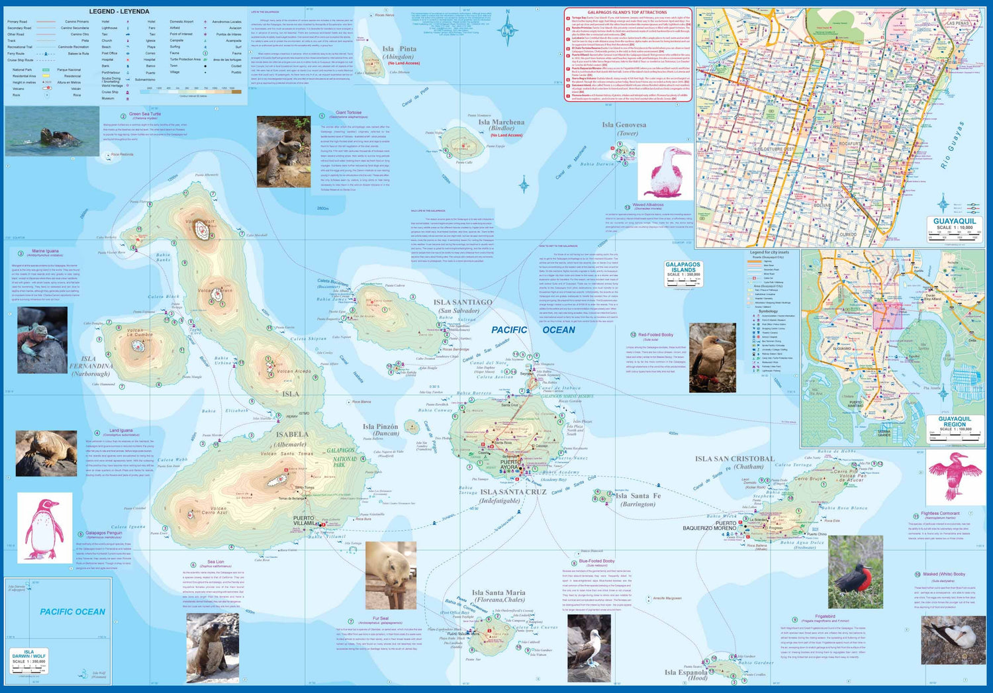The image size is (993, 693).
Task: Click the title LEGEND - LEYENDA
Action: (x=119, y=11)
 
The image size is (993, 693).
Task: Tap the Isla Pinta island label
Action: (x=399, y=49)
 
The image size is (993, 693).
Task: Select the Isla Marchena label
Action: (x=501, y=122)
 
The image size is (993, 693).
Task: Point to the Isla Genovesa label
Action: (x=624, y=124)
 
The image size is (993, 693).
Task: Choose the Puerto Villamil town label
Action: (x=305, y=520)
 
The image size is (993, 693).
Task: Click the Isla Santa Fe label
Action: (x=638, y=496)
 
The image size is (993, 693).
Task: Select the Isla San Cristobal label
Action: (x=734, y=459)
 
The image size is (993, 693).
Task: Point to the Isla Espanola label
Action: (x=686, y=672)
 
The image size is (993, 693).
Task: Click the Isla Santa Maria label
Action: (x=498, y=593)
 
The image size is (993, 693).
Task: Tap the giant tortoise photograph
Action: (x=283, y=152)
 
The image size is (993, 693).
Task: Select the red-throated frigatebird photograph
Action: (x=855, y=573)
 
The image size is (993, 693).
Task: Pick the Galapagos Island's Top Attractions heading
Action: (x=628, y=13)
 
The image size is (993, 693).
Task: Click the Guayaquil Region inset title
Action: (x=955, y=422)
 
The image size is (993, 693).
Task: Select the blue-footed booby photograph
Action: (x=589, y=649)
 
